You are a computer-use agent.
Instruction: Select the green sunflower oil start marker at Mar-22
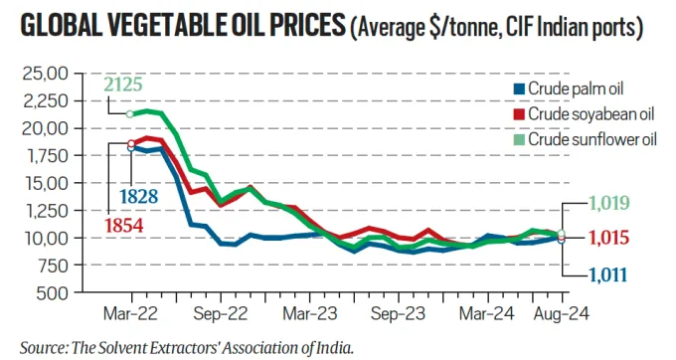(x=130, y=114)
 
